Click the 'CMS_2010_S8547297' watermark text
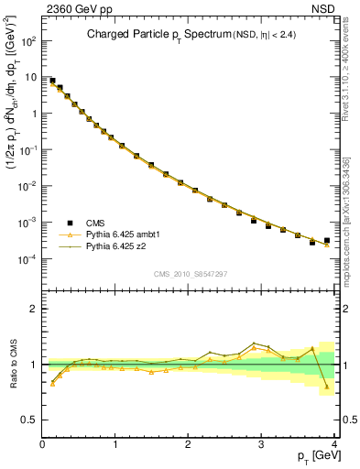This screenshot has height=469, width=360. [x=190, y=274]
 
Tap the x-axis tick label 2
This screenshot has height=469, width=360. [x=189, y=444]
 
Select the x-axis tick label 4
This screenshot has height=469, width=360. [x=334, y=444]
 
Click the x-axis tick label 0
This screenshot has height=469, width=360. [x=42, y=444]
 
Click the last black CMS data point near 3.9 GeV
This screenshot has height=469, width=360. [x=327, y=241]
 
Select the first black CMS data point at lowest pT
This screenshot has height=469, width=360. [x=52, y=81]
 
